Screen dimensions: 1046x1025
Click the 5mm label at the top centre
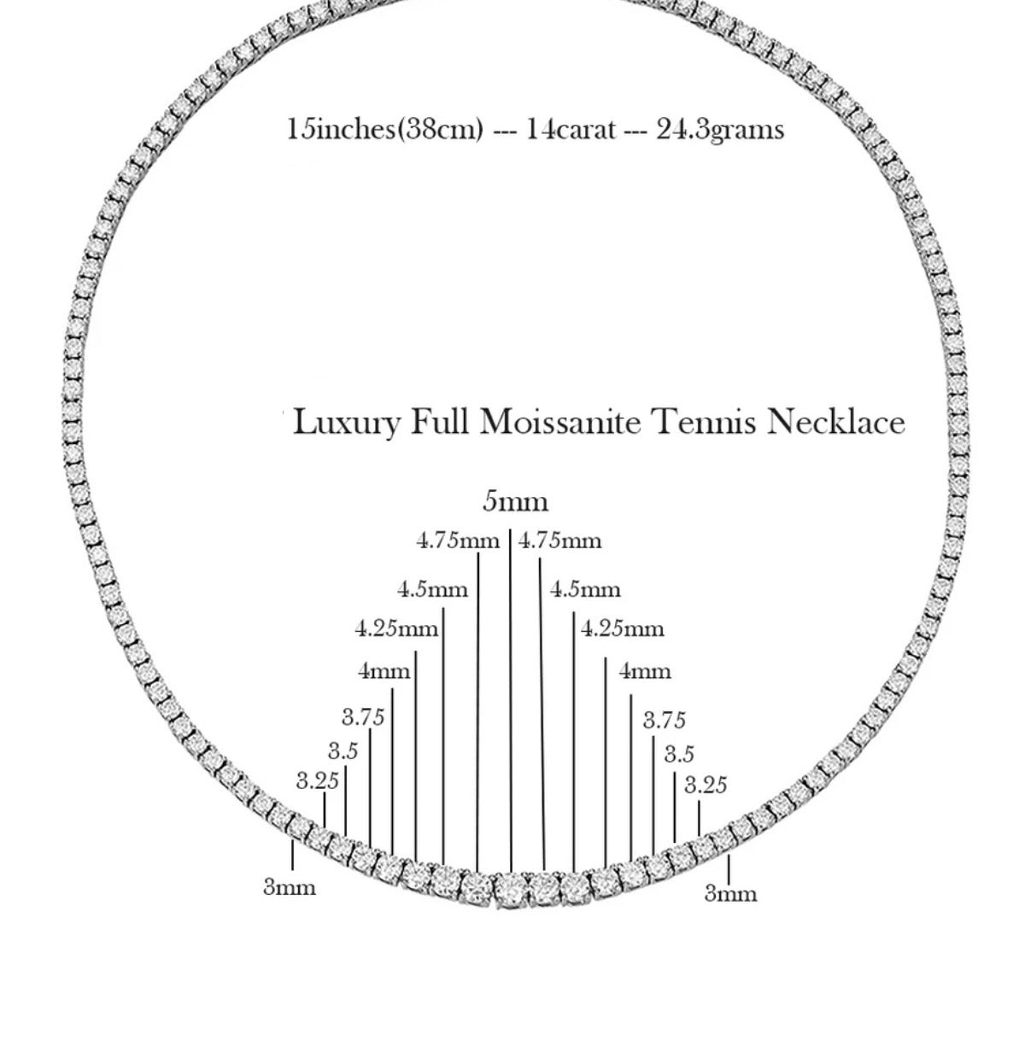point(515,501)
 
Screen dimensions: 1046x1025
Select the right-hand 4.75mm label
point(560,541)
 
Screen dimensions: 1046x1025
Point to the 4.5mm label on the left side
point(433,589)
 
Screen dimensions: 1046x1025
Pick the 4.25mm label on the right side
point(623,629)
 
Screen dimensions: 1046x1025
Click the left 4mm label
point(384,671)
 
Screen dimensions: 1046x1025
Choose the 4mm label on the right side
point(645,671)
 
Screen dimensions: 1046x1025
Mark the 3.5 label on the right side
point(680,755)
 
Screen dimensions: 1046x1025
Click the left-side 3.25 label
point(318,780)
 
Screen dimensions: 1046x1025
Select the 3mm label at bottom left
point(290,888)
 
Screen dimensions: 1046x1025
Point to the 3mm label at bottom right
point(730,894)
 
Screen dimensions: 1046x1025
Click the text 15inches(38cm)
point(385,130)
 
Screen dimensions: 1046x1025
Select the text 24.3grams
point(720,130)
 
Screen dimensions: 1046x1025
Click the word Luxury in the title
point(346,423)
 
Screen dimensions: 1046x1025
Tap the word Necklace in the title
point(835,422)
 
